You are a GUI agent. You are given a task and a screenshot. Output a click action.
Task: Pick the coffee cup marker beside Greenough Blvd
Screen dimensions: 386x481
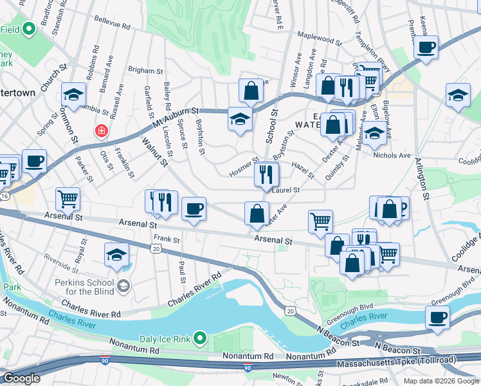(437, 317)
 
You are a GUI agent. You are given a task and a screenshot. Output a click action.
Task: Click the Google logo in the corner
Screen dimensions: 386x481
(22, 378)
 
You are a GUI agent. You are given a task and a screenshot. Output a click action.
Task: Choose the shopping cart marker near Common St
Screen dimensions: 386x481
(68, 199)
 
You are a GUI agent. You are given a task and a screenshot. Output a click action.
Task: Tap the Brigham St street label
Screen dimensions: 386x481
(145, 70)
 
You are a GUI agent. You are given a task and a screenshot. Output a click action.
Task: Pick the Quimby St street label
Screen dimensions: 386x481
(341, 165)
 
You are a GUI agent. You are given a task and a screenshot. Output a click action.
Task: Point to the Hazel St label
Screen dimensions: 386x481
(302, 170)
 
